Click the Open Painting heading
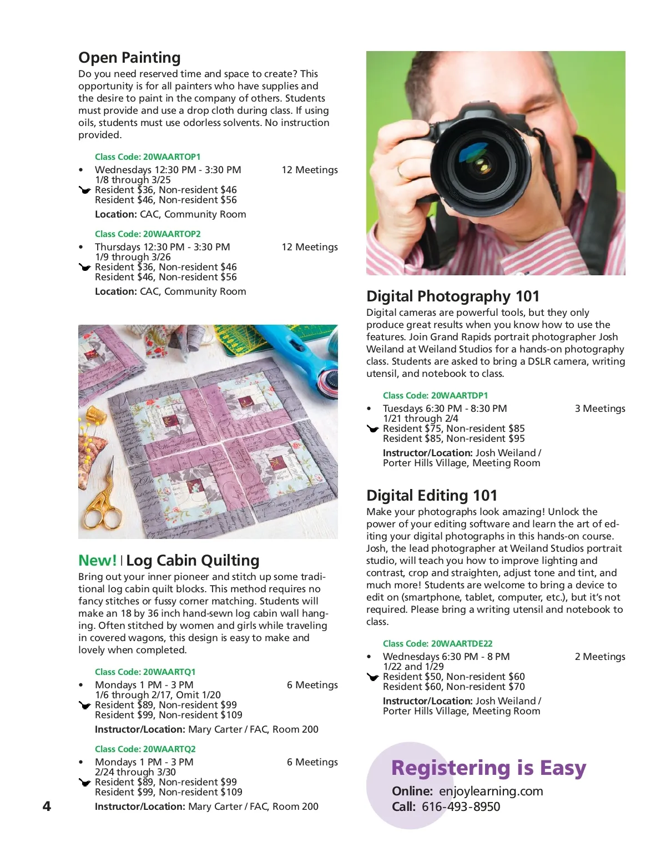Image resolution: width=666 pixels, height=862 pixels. click(x=129, y=58)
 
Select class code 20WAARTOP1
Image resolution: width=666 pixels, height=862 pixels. click(x=148, y=157)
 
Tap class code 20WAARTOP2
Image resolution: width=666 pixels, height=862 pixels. click(x=148, y=234)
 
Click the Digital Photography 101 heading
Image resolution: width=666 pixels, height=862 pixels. click(x=453, y=296)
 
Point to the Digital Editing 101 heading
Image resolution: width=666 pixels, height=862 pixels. click(x=432, y=496)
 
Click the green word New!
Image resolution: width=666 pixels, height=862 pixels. click(x=97, y=561)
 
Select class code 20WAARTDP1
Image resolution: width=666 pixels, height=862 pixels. click(x=435, y=396)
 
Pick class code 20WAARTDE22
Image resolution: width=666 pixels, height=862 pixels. click(x=437, y=644)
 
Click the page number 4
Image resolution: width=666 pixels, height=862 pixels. click(x=47, y=806)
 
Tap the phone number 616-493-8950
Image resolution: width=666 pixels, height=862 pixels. click(x=461, y=806)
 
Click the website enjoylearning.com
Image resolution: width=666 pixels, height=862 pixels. click(x=491, y=791)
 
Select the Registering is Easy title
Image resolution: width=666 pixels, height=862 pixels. click(x=488, y=768)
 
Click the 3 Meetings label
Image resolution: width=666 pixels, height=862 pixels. click(x=599, y=409)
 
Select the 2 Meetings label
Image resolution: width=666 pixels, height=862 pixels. click(x=599, y=657)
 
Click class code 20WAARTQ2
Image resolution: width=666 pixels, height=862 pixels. click(x=145, y=749)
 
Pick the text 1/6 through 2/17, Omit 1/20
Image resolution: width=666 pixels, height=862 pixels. click(x=158, y=695)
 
